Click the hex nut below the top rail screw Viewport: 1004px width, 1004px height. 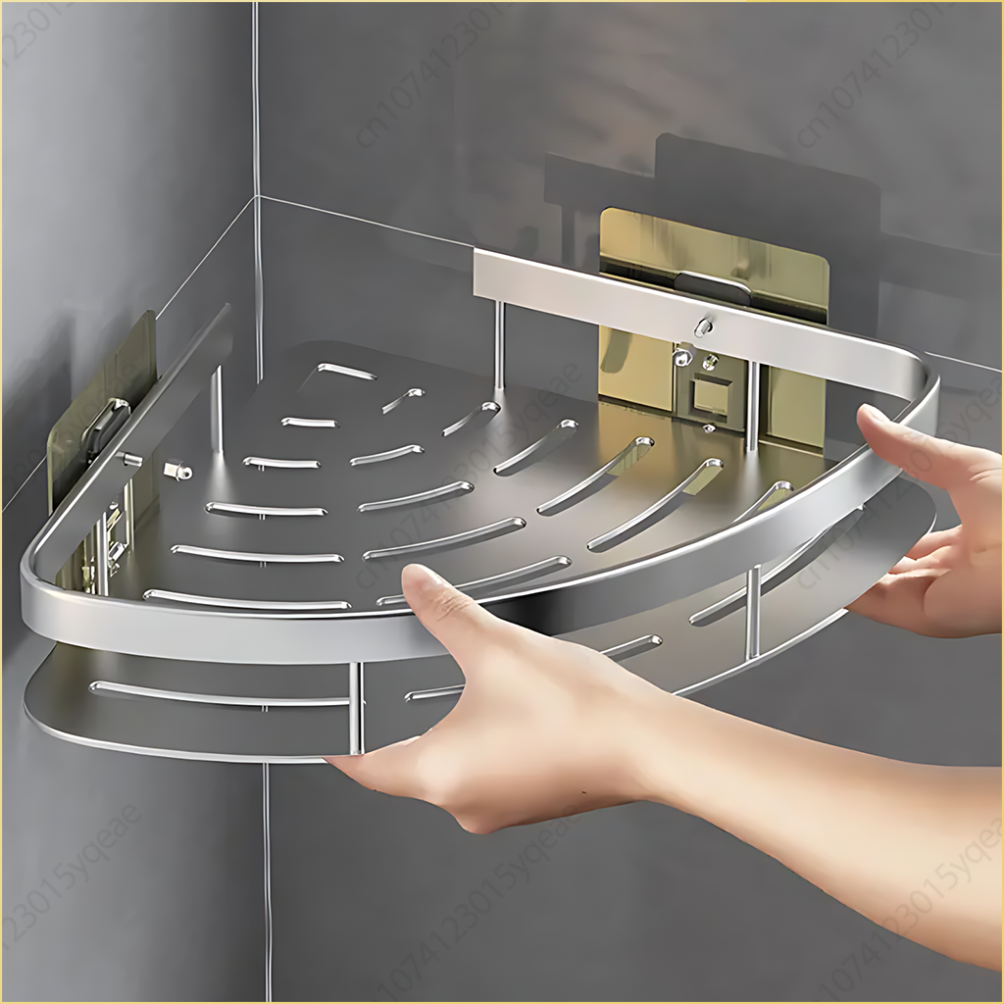tap(682, 359)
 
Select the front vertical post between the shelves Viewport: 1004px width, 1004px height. tap(355, 706)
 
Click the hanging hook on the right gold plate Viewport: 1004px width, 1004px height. tap(727, 285)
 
